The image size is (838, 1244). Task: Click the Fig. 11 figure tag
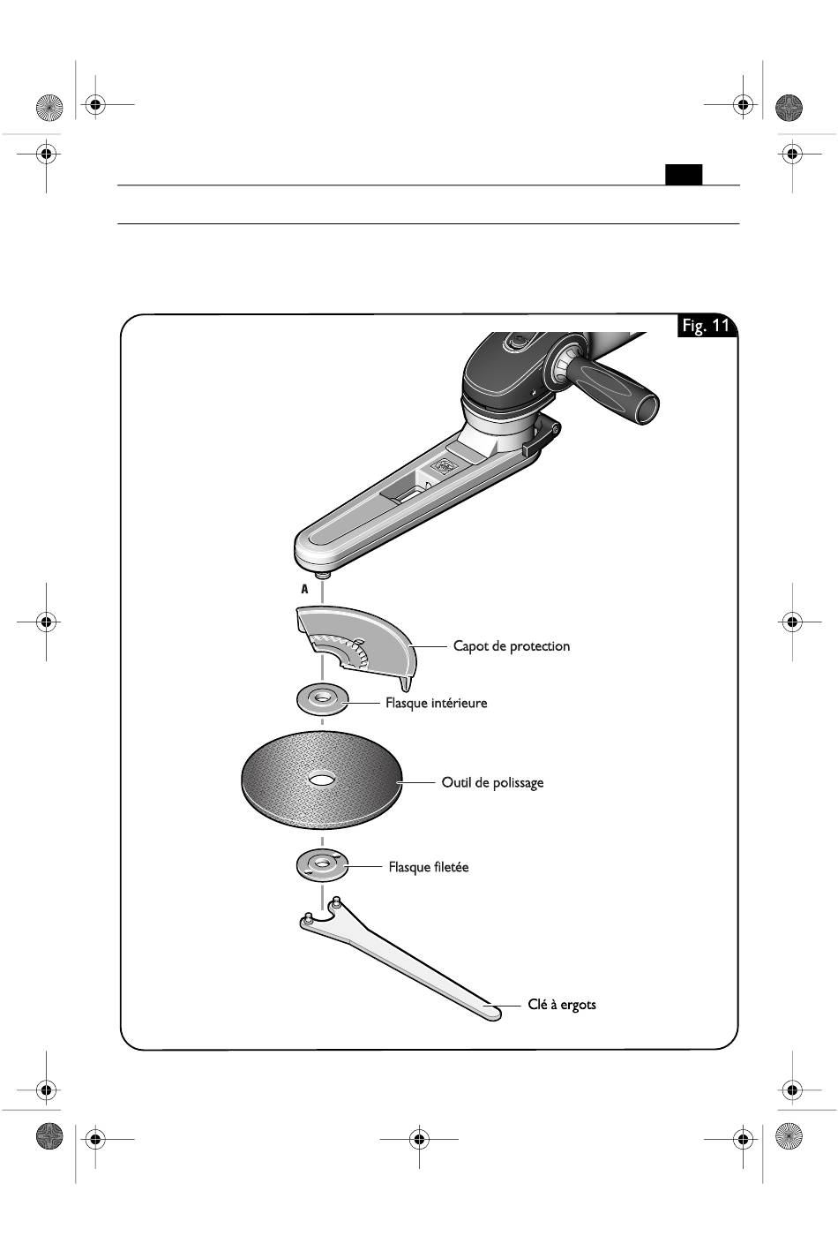[x=706, y=325]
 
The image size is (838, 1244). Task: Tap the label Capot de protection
[x=511, y=646]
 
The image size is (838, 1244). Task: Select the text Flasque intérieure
[x=437, y=703]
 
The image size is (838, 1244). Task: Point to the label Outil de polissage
[x=492, y=782]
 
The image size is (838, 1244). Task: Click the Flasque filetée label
[x=429, y=867]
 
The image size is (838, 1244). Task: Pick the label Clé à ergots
[x=562, y=1004]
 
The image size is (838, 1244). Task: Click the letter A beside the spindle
[x=304, y=589]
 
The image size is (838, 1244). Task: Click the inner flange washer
[x=323, y=699]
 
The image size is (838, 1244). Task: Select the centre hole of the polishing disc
[x=321, y=780]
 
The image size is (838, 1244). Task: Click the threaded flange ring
[x=323, y=864]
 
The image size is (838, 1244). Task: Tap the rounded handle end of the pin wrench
[x=492, y=1014]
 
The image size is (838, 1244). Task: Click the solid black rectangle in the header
[x=684, y=175]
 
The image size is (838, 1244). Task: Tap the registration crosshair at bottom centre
[x=420, y=1140]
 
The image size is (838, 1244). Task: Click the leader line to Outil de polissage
[x=416, y=782]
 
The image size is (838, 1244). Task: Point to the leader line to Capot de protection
[x=428, y=646]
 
